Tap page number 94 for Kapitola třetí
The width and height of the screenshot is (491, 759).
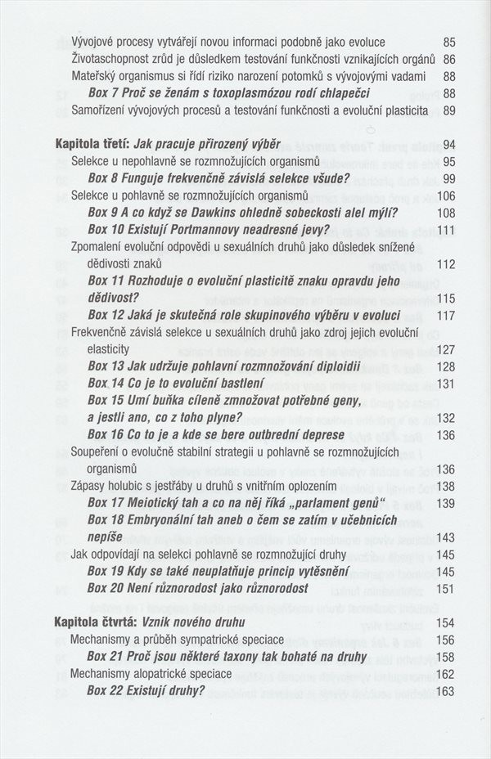pos(448,144)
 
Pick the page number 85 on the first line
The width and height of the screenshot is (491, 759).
pos(448,42)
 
